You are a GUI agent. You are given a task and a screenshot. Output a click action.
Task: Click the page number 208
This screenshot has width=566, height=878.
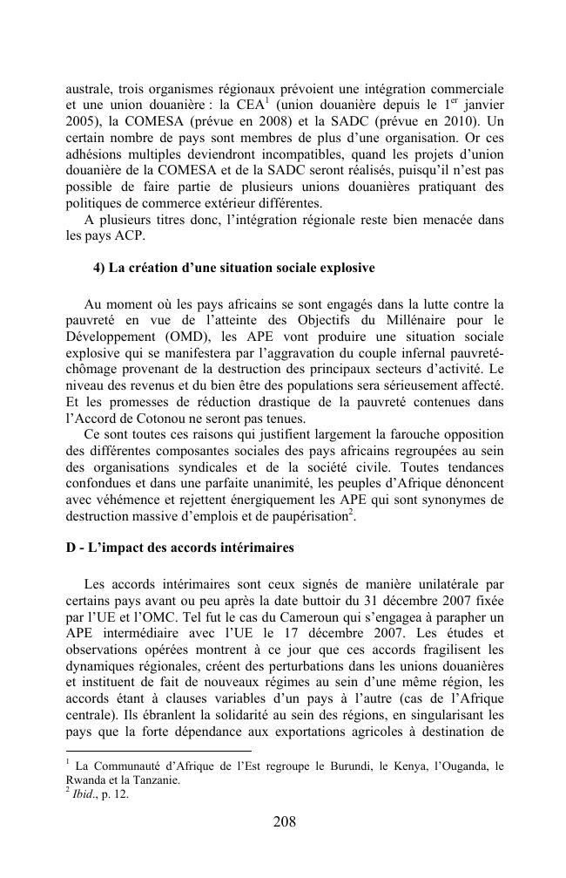tap(283, 822)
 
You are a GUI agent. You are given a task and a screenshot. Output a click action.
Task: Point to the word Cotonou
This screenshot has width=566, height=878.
tap(154, 418)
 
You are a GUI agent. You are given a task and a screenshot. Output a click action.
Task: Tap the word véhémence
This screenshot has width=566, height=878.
tap(122, 499)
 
